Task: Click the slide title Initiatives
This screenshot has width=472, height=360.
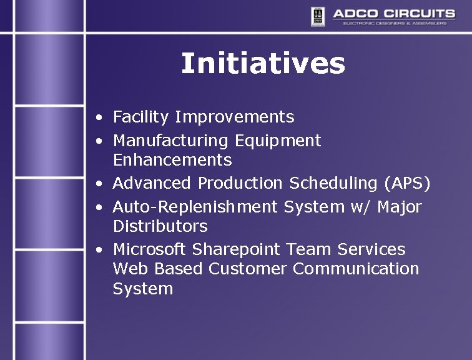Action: point(263,64)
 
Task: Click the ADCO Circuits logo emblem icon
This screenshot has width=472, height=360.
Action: point(317,17)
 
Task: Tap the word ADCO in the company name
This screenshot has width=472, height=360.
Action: point(355,13)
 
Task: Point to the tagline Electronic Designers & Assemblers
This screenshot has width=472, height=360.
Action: point(395,23)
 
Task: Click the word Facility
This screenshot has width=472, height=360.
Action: point(141,117)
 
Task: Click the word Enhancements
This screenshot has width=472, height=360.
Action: point(172,160)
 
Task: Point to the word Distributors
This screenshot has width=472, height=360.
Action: point(160,226)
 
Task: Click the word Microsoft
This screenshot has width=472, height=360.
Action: point(149,249)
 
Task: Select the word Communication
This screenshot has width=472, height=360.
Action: point(356,269)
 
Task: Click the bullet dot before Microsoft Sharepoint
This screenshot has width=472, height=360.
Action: point(100,250)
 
